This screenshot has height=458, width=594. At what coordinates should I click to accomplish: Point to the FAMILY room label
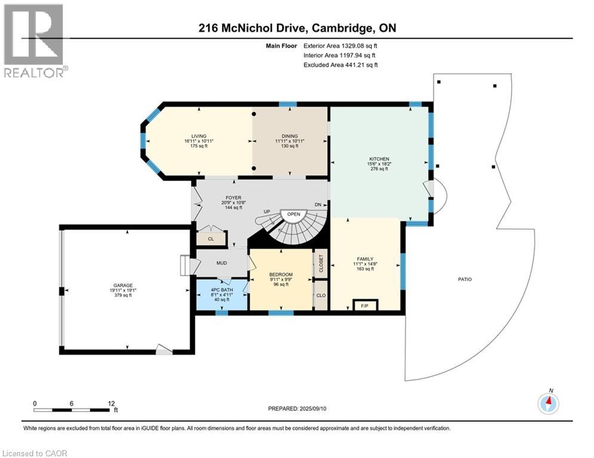[365, 259]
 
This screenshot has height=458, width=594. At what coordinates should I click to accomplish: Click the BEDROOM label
[281, 274]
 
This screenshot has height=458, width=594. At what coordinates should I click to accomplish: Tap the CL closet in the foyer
[211, 239]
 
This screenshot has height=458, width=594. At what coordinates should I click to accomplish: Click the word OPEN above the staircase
[293, 213]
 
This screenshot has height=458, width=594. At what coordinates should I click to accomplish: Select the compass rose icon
[548, 404]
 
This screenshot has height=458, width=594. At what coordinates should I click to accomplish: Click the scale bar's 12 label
[110, 403]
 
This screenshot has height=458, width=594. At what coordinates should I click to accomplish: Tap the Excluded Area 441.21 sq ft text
[340, 64]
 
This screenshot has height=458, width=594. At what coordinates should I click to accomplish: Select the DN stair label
[319, 205]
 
